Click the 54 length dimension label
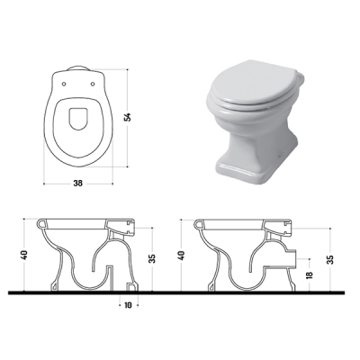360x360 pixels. point(128,117)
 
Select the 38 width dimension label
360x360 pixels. point(77,183)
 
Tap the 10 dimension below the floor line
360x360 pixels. point(128,305)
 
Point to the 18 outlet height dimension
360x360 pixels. point(310,274)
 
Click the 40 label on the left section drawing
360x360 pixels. point(24,255)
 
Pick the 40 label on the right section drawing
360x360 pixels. point(182,255)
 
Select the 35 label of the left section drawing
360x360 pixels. point(152,258)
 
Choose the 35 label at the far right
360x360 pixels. point(330,259)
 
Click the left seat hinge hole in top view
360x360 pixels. point(64,84)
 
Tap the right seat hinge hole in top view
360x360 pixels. point(93,84)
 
